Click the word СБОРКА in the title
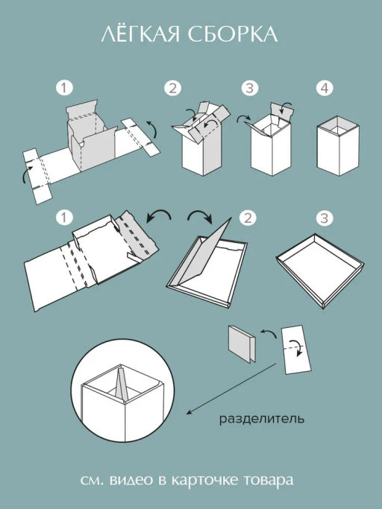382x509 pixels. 233,34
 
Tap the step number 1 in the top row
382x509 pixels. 64,88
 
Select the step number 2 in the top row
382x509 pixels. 172,88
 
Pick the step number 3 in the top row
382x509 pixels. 250,88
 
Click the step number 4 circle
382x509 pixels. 325,88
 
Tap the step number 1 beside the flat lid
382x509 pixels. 64,218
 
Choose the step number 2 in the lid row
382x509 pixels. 248,218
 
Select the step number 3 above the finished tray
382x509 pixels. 325,218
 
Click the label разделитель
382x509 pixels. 262,419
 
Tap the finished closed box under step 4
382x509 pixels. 338,146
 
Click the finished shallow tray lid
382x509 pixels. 320,271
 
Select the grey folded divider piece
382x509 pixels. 242,344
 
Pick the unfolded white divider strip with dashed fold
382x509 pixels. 296,350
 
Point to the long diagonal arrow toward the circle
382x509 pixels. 231,389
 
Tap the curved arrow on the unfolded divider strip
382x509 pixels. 296,347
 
